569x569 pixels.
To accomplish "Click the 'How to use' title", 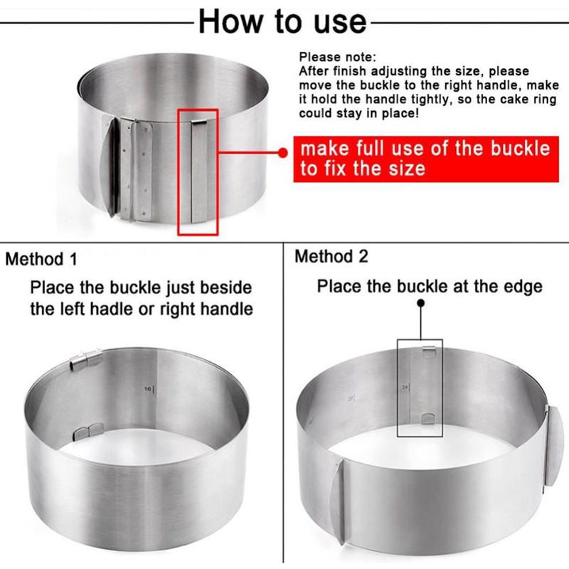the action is tap(282, 22).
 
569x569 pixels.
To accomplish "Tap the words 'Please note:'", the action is tap(337, 57).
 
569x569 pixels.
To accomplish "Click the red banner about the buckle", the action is tap(426, 159).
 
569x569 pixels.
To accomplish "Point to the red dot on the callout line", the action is tap(282, 152).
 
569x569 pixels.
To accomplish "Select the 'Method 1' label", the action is tap(41, 259).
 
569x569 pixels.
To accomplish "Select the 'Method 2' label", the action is tap(331, 256).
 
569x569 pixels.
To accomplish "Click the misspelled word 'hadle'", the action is tap(112, 309).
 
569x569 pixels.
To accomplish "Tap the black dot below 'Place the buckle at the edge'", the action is tap(420, 303).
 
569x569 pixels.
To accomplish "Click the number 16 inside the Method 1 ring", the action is tap(148, 389).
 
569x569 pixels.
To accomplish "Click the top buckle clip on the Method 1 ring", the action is tap(86, 360).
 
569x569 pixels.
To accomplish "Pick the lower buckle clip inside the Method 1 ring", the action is tap(88, 432).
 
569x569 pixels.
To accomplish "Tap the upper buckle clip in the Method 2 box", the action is tap(429, 352).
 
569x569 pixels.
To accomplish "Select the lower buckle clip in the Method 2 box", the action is tap(428, 419).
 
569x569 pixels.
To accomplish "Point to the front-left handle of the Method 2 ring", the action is tap(340, 501).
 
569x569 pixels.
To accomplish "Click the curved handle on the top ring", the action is tap(109, 167).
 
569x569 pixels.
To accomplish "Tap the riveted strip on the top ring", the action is tap(137, 170).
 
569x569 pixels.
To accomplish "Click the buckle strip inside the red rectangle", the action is tap(199, 171).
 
